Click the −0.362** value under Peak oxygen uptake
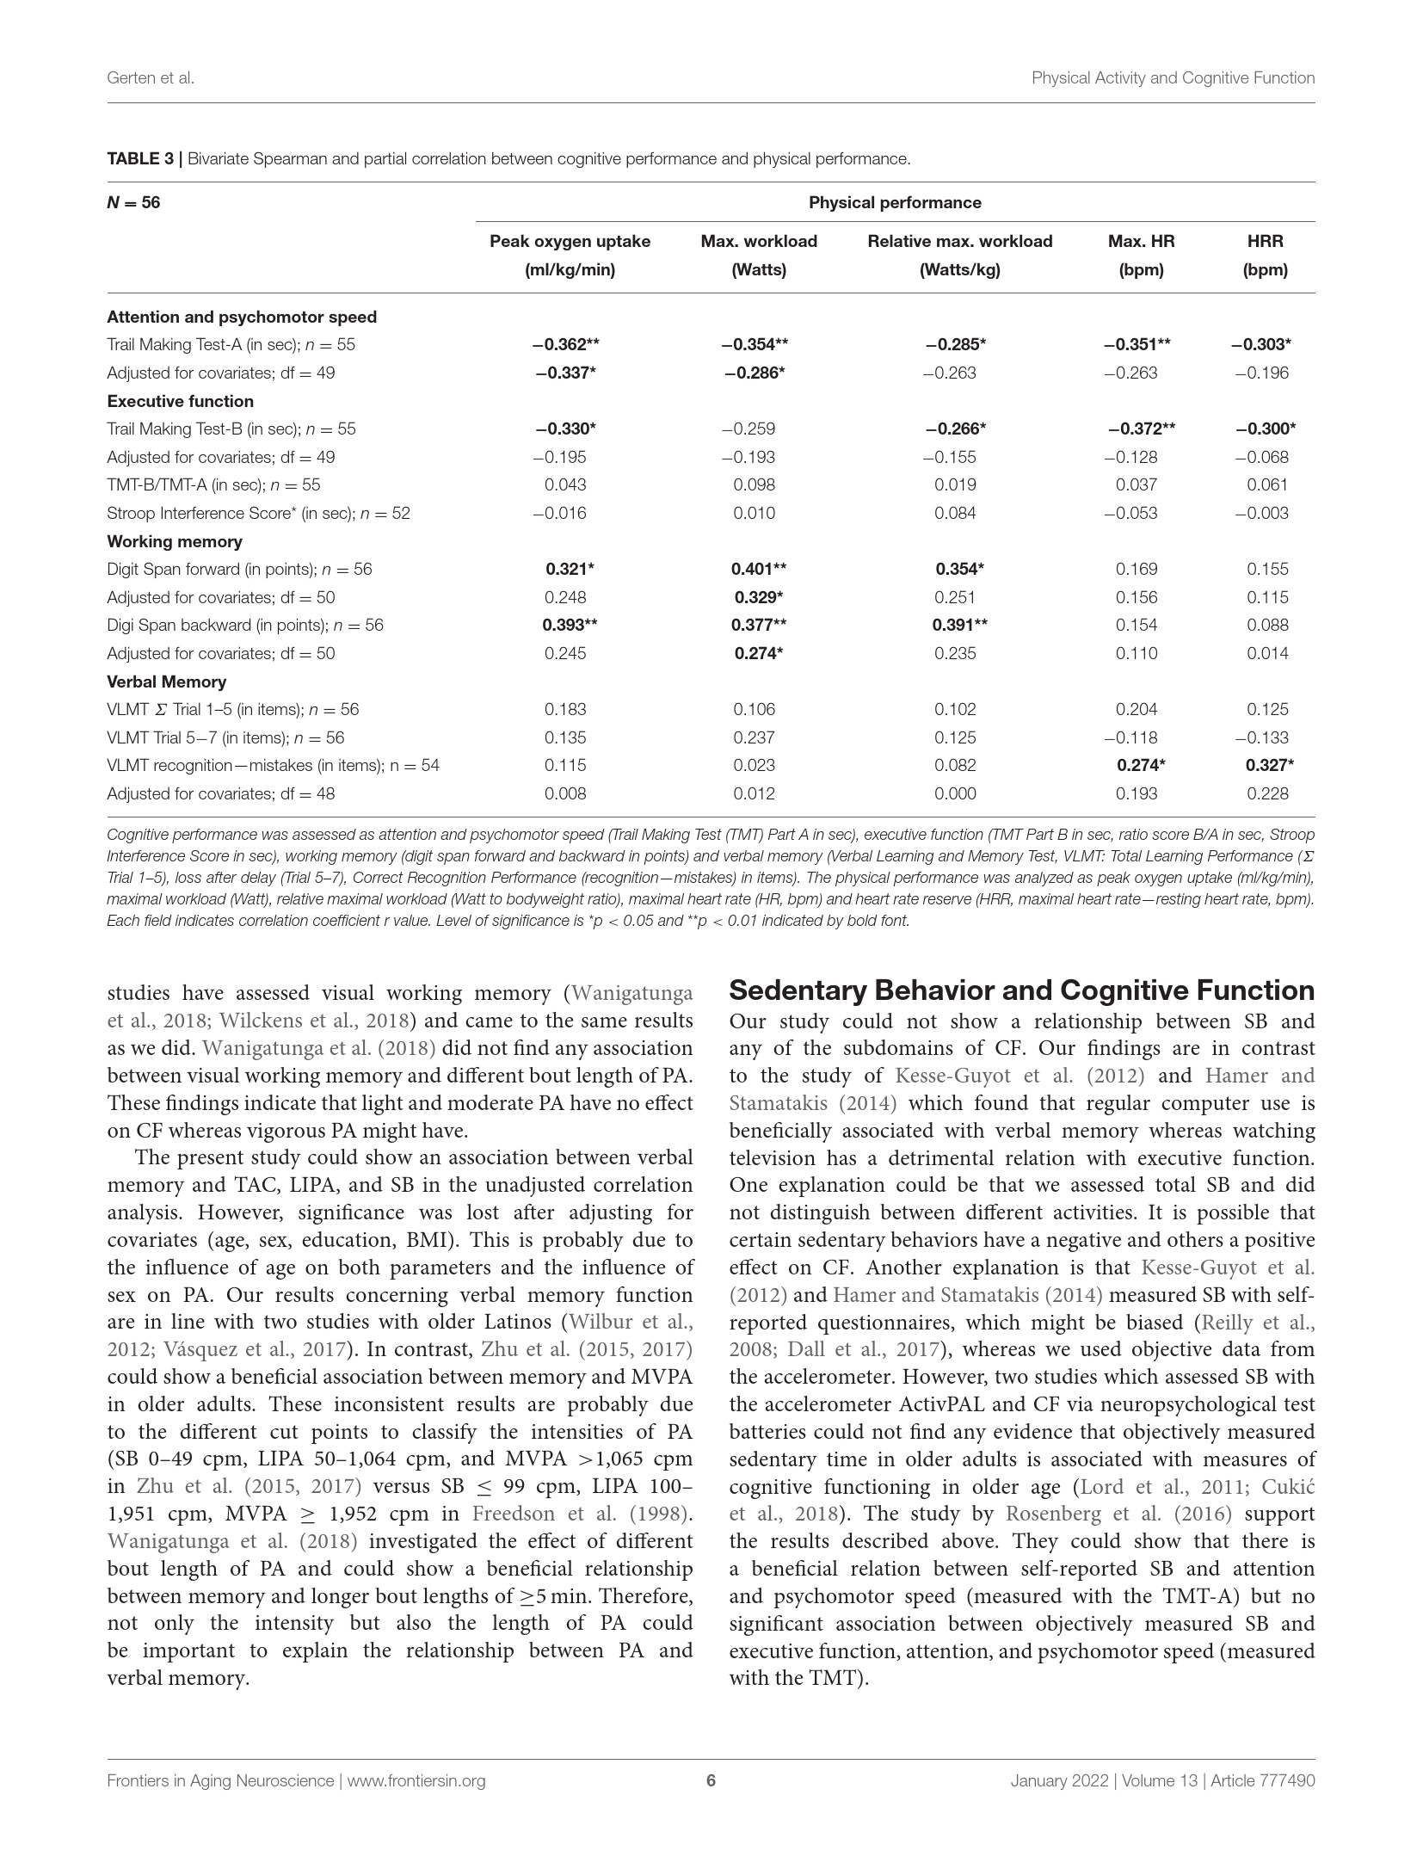click(x=565, y=345)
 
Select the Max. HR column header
click(x=1141, y=255)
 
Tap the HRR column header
click(x=1265, y=255)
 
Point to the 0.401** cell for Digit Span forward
click(x=758, y=569)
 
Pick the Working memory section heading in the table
click(x=175, y=541)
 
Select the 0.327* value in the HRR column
click(x=1269, y=765)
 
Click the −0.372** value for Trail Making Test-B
click(x=1141, y=429)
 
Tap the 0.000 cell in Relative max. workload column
click(x=955, y=793)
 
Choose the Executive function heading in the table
click(x=180, y=401)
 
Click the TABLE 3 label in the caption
click(x=141, y=159)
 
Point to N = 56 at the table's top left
click(x=133, y=203)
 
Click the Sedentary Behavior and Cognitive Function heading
click(x=1021, y=990)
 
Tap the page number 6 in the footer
click(x=711, y=1781)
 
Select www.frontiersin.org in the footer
click(x=416, y=1781)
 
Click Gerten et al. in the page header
click(x=151, y=78)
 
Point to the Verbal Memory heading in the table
click(x=167, y=682)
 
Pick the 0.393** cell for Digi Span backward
click(x=570, y=625)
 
